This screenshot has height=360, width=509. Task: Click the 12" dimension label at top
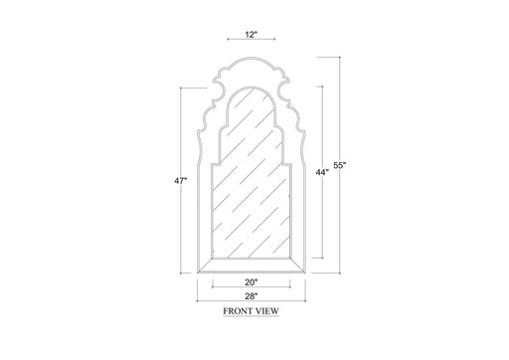[x=250, y=35]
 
